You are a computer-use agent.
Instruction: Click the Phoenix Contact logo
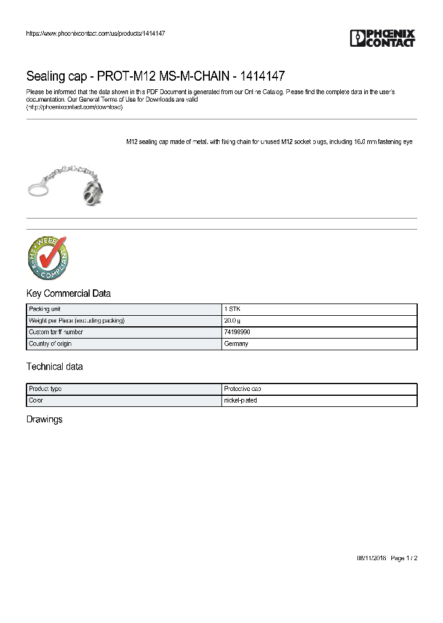(x=383, y=38)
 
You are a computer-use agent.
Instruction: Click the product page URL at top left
(x=95, y=33)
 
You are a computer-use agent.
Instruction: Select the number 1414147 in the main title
(x=263, y=76)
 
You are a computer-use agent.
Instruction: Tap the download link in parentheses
(x=74, y=107)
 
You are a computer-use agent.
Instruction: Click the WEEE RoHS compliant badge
(x=47, y=258)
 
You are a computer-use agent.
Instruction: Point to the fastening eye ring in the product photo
(x=39, y=187)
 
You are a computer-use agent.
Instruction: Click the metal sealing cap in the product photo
(x=92, y=191)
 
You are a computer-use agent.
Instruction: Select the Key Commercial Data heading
(x=68, y=294)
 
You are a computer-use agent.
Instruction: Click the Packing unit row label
(x=44, y=309)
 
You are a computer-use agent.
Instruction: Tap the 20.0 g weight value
(x=233, y=321)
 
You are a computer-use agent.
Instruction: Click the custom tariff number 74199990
(x=237, y=332)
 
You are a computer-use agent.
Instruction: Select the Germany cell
(x=236, y=344)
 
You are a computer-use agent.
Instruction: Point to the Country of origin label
(x=50, y=344)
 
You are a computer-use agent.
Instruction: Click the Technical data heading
(x=54, y=367)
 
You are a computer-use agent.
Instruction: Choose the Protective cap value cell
(x=242, y=389)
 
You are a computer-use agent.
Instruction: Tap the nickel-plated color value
(x=241, y=401)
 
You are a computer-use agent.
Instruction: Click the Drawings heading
(x=44, y=420)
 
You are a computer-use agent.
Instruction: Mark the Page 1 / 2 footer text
(x=404, y=558)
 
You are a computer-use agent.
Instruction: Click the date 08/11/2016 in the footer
(x=371, y=558)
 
